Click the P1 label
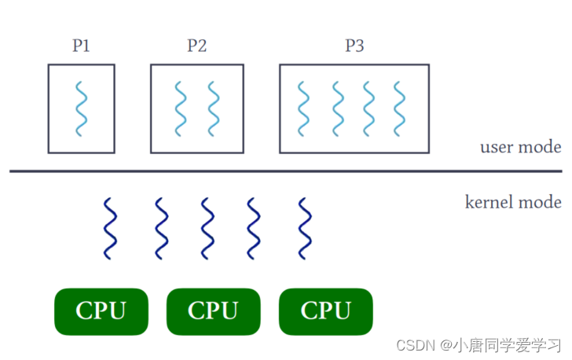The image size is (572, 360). (81, 46)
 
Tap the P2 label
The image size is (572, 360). (196, 46)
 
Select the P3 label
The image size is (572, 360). (354, 46)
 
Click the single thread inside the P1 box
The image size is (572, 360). (81, 108)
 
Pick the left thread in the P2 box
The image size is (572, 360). (181, 108)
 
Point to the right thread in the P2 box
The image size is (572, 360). (212, 108)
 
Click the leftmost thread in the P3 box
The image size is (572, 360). (305, 108)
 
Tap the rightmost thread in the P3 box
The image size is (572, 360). (400, 108)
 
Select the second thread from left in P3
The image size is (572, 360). (337, 108)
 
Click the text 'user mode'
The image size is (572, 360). (520, 147)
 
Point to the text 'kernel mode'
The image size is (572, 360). (513, 202)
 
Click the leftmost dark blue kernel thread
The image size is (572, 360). (111, 229)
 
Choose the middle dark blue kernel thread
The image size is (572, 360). (207, 229)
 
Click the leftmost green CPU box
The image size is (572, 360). (101, 311)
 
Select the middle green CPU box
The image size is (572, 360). (213, 311)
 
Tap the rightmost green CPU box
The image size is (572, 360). (325, 311)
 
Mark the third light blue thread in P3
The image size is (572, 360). (368, 108)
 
